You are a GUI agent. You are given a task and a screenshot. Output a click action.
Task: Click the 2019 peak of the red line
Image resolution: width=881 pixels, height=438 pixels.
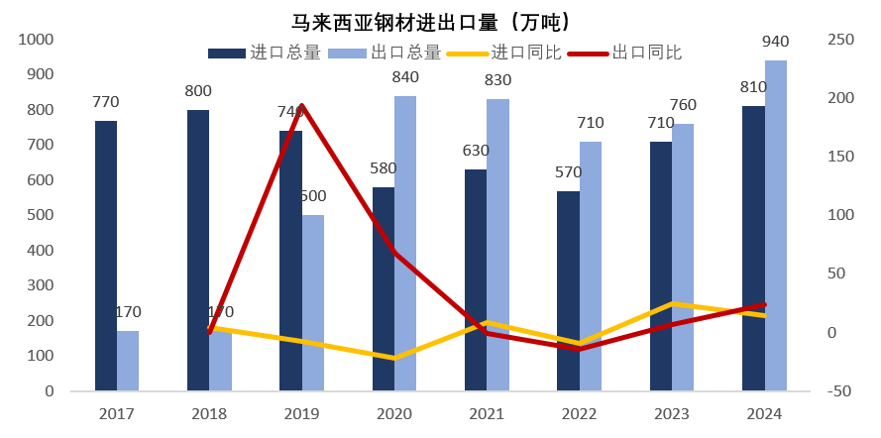click(301, 105)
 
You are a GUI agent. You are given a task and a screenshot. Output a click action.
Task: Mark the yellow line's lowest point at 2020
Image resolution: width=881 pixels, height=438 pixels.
click(394, 358)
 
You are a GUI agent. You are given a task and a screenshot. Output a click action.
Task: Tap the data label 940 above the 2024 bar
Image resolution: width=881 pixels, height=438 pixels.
click(776, 42)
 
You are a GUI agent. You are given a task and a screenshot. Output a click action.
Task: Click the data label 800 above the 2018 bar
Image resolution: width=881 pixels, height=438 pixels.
click(198, 91)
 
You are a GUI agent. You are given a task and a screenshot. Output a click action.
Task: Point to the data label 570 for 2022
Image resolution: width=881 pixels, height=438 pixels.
click(569, 172)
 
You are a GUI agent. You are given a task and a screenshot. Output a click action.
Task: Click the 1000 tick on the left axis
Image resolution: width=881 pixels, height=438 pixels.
click(36, 40)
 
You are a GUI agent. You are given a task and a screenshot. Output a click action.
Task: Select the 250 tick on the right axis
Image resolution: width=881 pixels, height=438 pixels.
click(840, 40)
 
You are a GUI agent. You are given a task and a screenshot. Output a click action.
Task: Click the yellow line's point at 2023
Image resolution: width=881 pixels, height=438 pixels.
click(672, 303)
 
